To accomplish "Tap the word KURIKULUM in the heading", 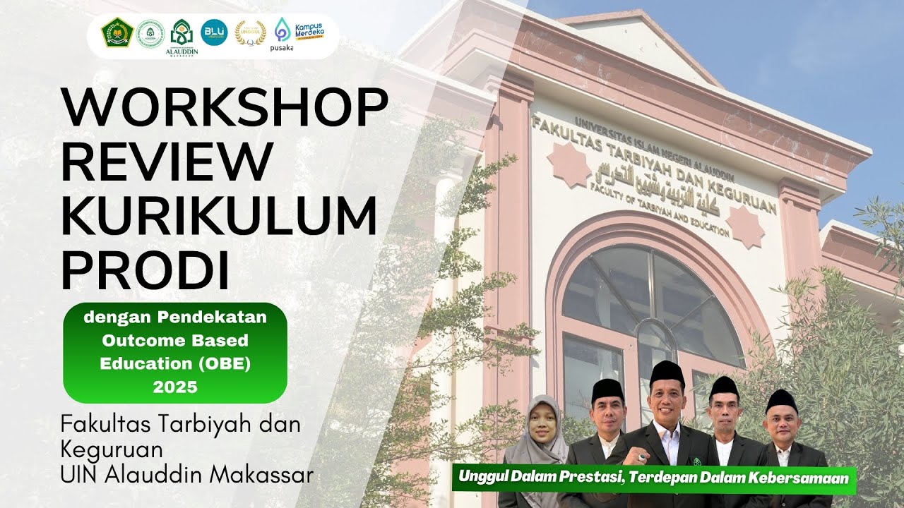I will (x=219, y=217).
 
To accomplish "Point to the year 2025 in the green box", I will (x=175, y=387).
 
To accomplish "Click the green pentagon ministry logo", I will (x=117, y=32).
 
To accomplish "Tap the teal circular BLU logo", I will (x=214, y=32).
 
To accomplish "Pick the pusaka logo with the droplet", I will (x=282, y=34).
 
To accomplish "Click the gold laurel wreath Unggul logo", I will (x=250, y=32).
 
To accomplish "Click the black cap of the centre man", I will (x=667, y=372).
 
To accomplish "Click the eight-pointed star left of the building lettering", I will (x=569, y=164).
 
